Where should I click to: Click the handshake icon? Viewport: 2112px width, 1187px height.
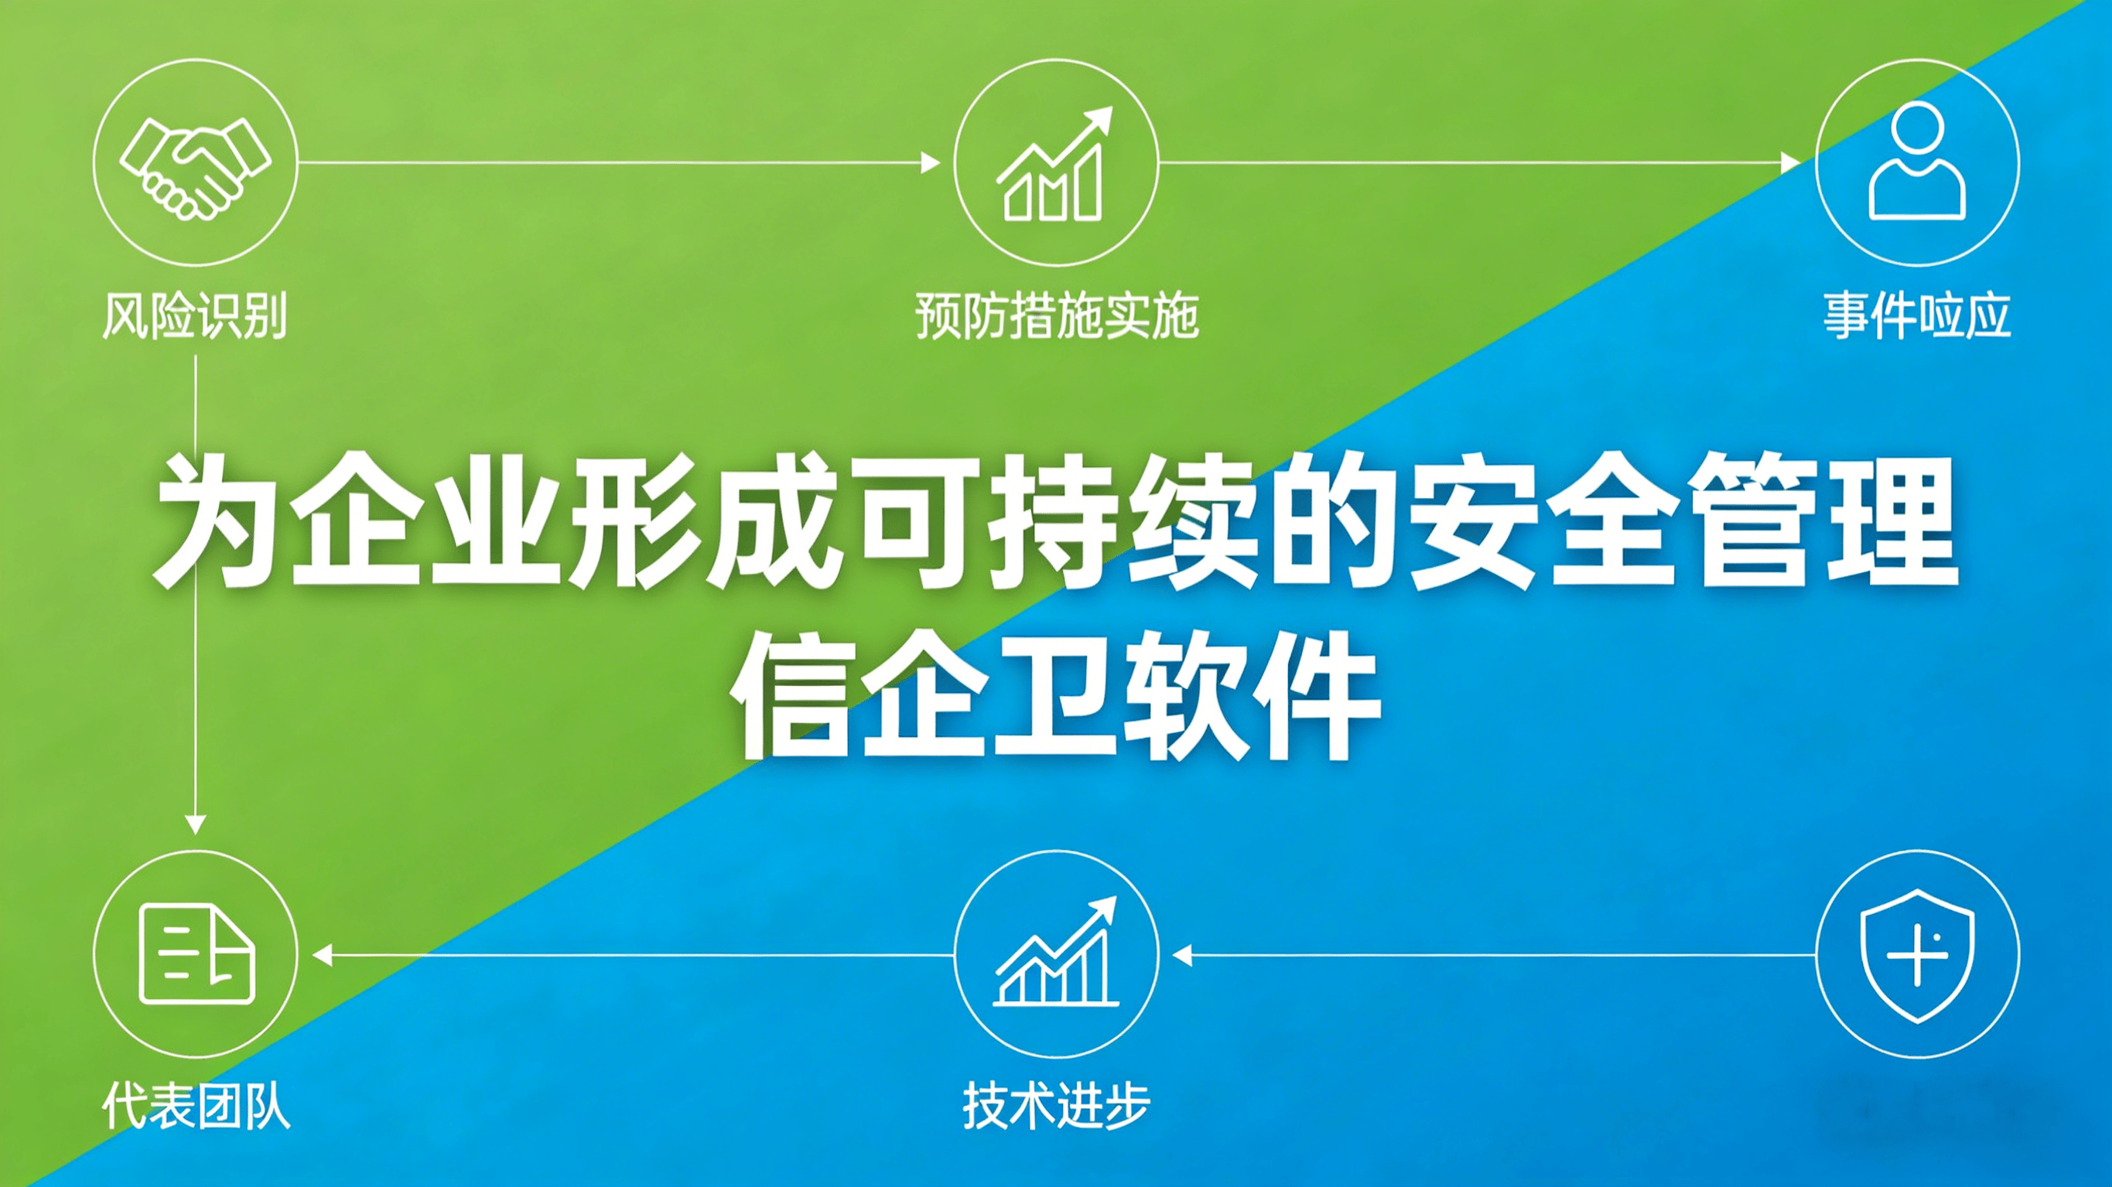coord(195,168)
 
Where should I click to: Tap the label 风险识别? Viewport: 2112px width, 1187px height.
coord(195,316)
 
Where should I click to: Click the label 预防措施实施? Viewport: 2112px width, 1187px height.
coord(1057,316)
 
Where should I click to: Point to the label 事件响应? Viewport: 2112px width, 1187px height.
coord(1917,316)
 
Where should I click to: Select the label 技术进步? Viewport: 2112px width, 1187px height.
coord(1056,1106)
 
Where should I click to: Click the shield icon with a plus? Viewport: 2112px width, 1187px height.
coord(1918,955)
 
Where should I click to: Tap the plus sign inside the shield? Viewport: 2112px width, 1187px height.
coord(1918,956)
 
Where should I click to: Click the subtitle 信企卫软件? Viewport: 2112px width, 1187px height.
coord(1056,695)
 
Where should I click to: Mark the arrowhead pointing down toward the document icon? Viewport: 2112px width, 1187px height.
coord(195,824)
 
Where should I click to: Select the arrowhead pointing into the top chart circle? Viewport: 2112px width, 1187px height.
coord(931,162)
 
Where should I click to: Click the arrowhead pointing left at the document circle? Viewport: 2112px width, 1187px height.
coord(322,955)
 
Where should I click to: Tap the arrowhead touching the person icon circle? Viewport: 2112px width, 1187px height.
coord(1792,162)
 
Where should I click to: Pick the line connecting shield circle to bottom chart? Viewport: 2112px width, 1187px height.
coord(1494,955)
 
